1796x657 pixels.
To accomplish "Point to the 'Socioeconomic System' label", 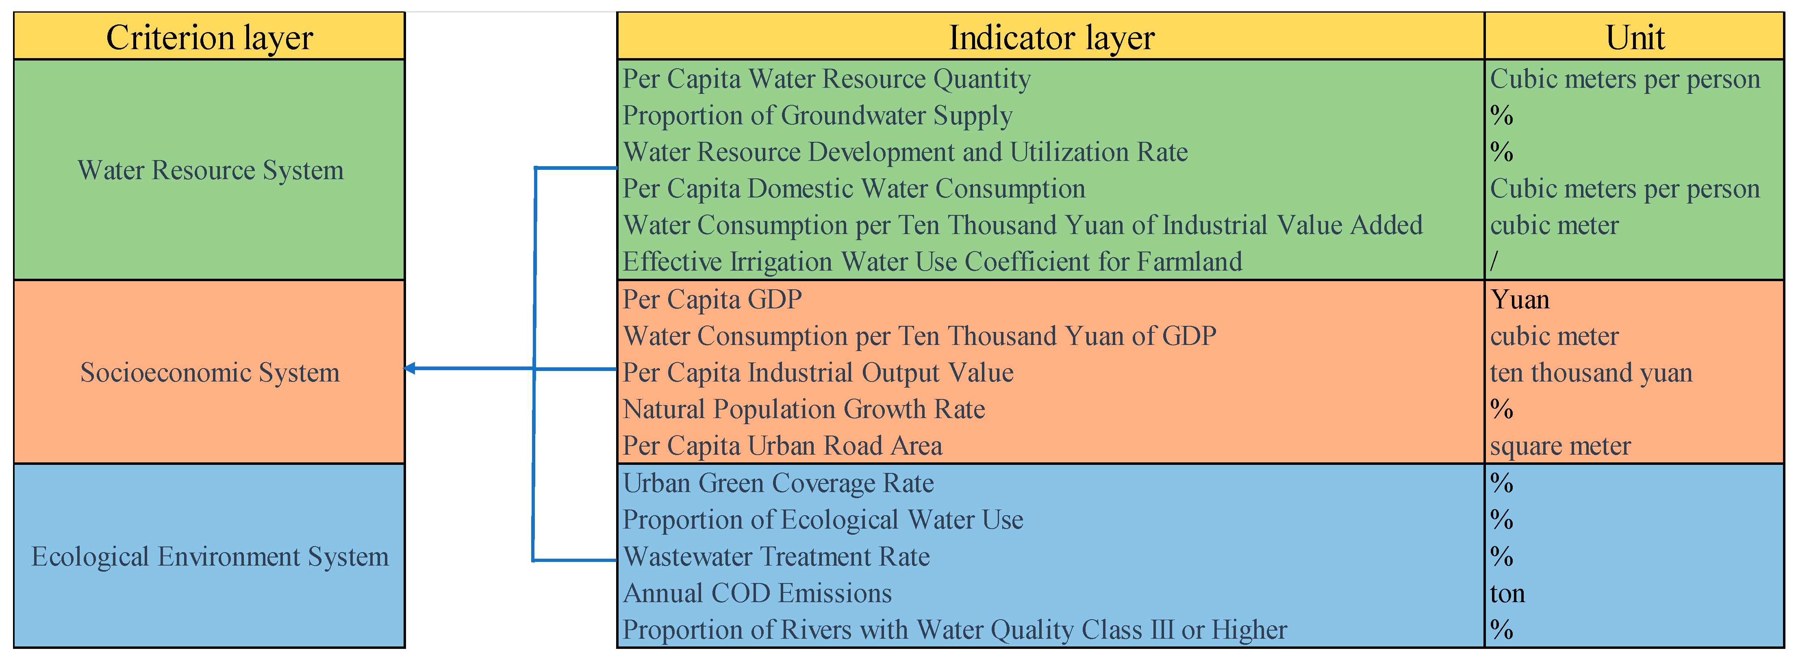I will (210, 373).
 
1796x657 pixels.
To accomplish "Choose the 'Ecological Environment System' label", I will (210, 557).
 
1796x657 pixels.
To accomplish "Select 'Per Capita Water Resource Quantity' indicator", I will (826, 79).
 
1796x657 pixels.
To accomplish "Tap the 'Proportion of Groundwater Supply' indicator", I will (817, 116).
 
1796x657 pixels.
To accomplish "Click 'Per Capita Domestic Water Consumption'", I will (853, 189).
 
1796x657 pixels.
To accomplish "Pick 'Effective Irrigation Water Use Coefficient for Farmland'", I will (932, 262).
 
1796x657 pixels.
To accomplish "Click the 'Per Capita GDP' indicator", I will (712, 299).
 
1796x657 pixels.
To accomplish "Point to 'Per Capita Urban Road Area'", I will (782, 446).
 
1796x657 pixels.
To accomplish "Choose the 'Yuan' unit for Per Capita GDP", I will (1520, 299).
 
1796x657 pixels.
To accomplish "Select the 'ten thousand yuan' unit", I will (1591, 373).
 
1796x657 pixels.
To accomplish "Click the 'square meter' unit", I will (1560, 446).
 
